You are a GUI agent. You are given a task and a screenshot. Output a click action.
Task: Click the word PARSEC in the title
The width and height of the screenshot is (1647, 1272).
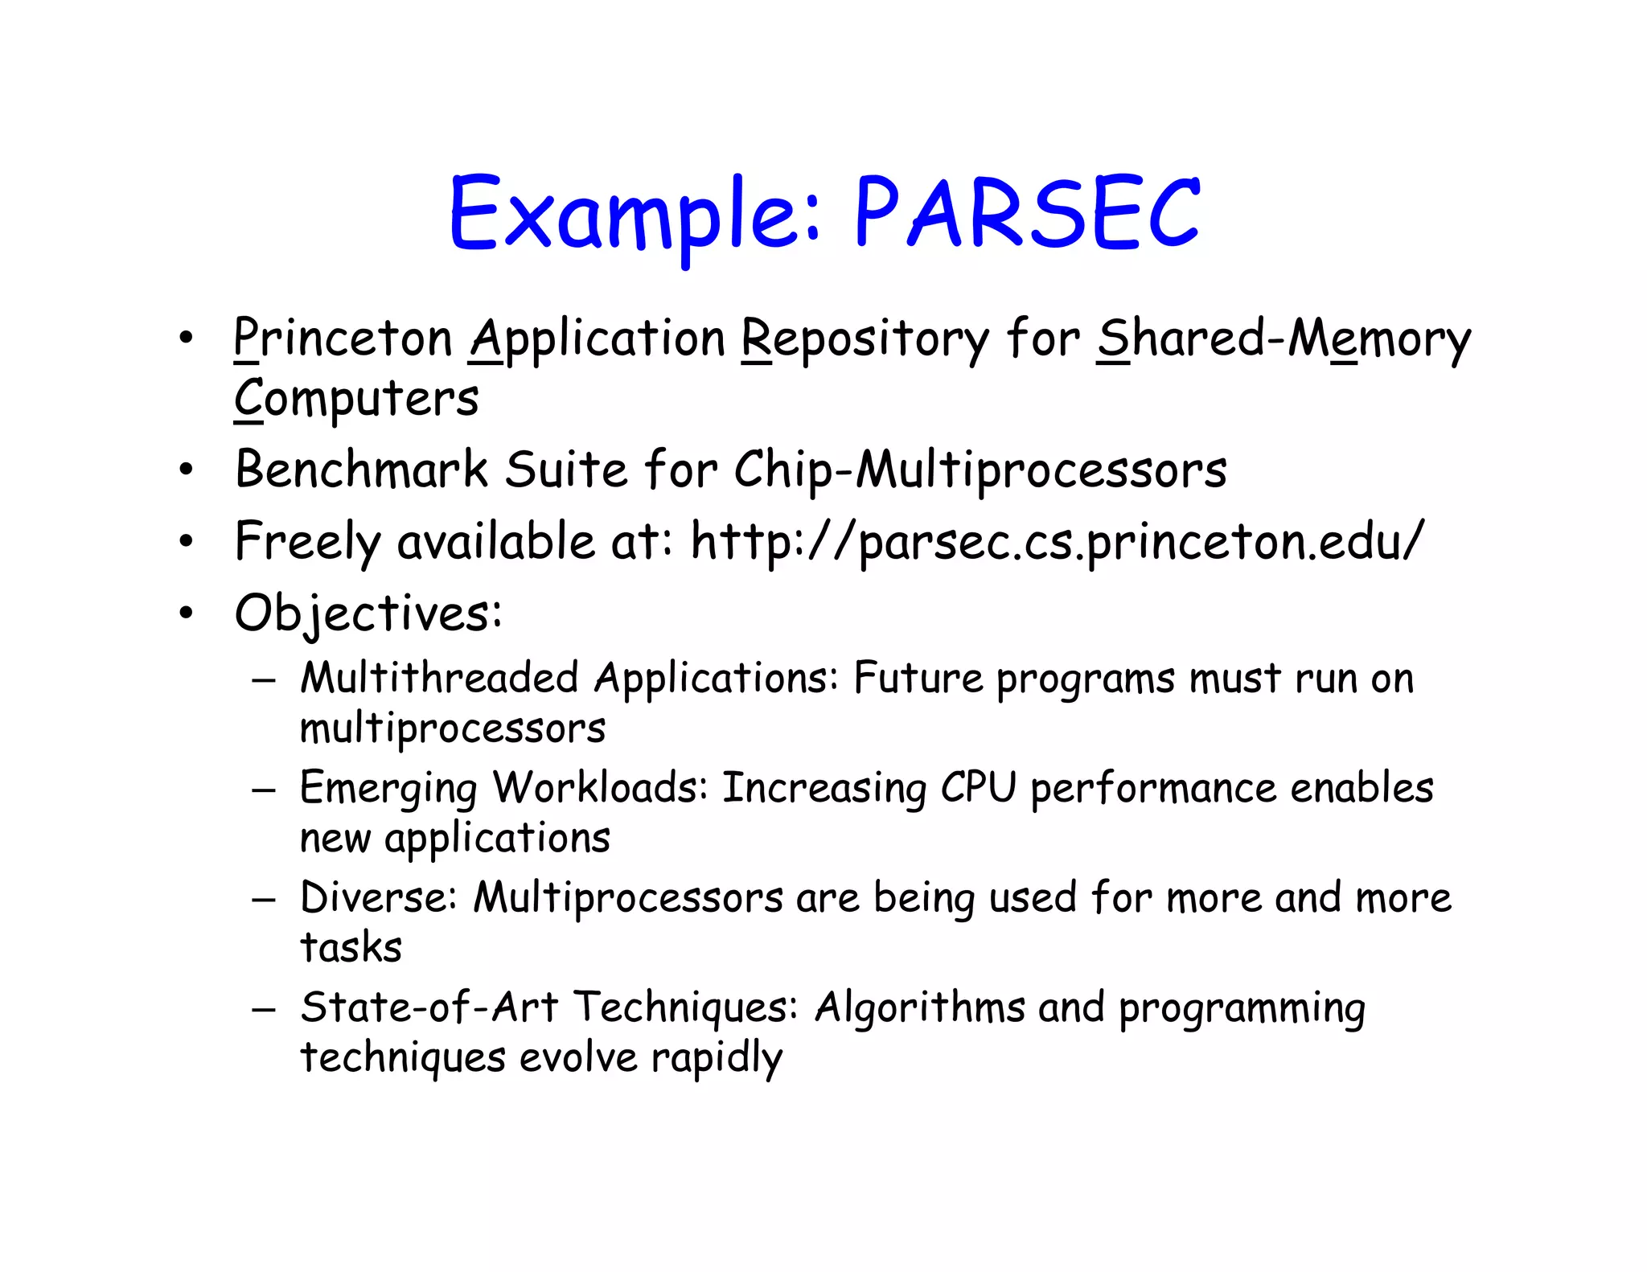[x=1027, y=214]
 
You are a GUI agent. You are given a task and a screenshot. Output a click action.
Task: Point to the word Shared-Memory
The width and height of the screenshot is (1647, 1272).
[x=1284, y=340]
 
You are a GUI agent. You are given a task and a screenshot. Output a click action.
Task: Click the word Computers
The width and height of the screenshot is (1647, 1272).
[x=356, y=400]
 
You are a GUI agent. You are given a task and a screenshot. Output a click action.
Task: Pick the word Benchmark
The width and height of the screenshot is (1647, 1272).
[x=362, y=470]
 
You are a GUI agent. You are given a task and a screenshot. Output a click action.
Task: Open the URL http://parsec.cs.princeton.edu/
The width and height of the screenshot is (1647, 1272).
[x=1058, y=542]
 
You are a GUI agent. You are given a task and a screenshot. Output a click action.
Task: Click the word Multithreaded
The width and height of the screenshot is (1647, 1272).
[x=439, y=678]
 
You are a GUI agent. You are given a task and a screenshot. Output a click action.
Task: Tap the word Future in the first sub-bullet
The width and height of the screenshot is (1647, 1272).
[x=918, y=678]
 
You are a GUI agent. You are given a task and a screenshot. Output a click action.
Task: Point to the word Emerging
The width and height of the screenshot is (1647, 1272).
[x=388, y=789]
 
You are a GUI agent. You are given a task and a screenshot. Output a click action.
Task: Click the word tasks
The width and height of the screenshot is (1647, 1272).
[x=351, y=947]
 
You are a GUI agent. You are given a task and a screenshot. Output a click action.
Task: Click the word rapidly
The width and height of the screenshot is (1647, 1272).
[x=717, y=1058]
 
